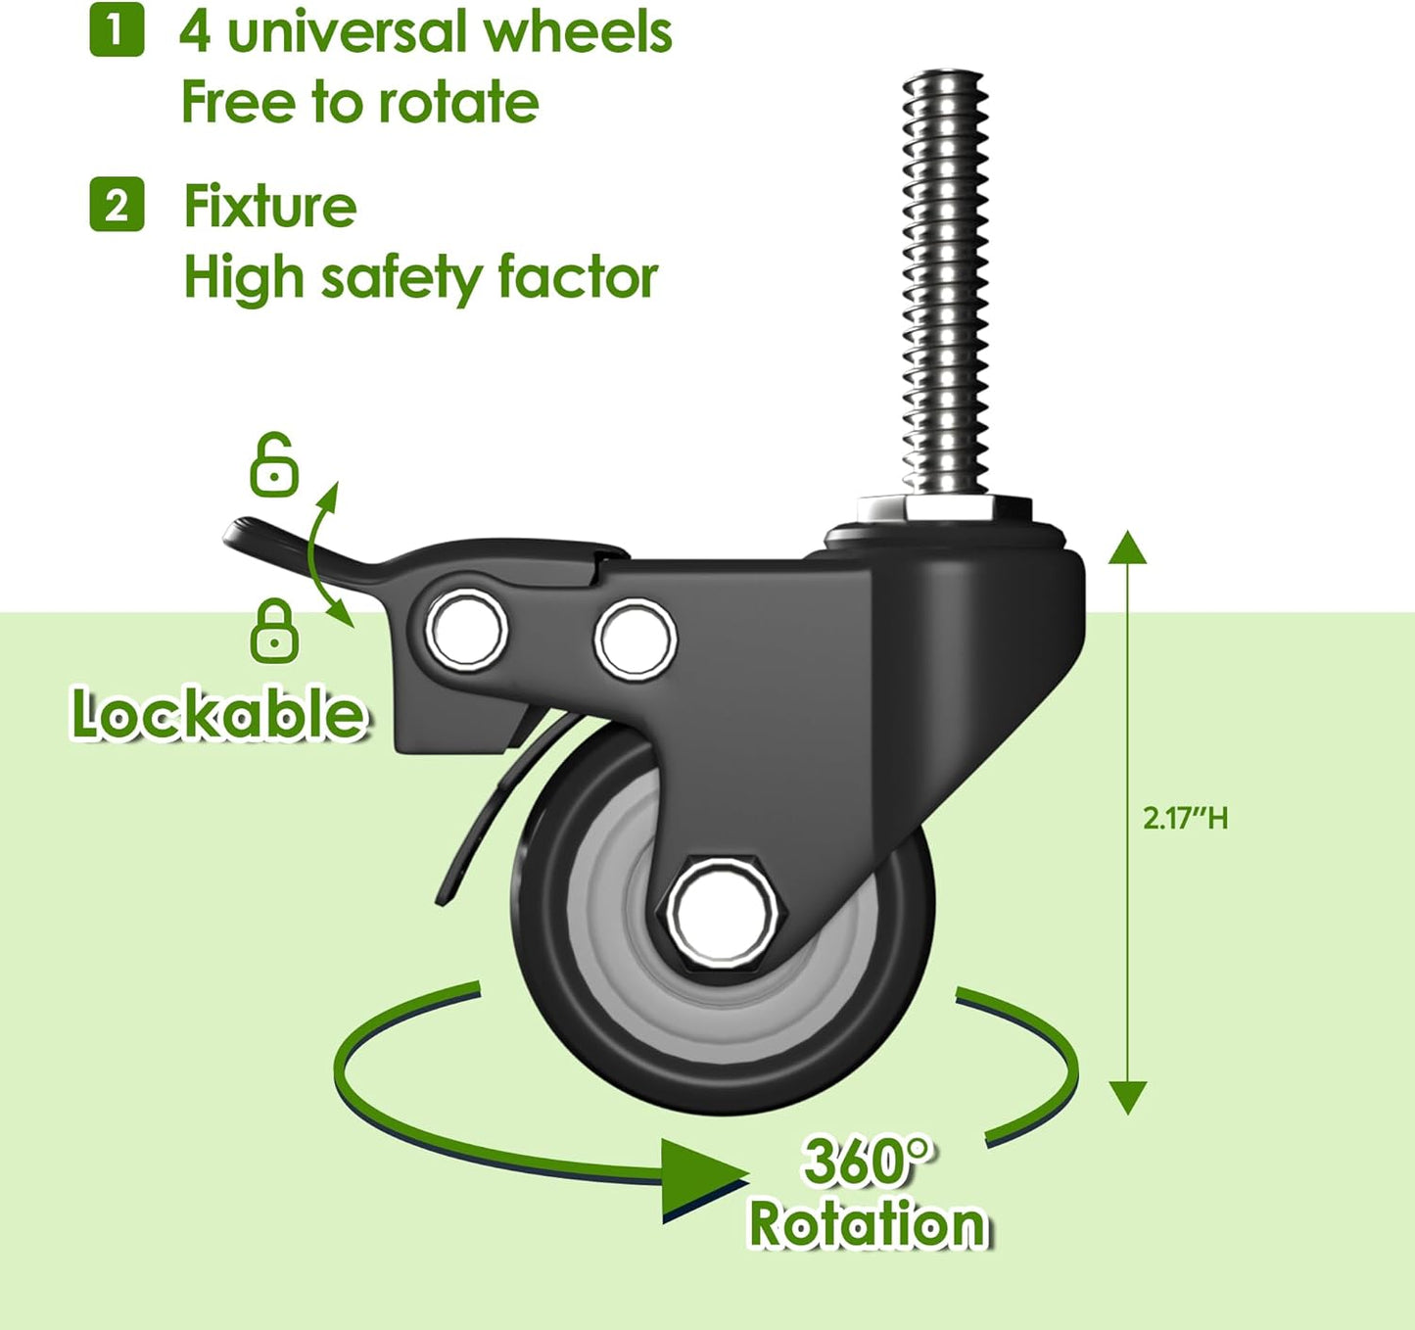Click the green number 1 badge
[117, 30]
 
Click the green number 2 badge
[117, 205]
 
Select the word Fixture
[270, 206]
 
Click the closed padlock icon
[274, 631]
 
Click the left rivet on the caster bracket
[466, 630]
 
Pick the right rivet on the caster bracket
[636, 638]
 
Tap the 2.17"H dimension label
[1185, 818]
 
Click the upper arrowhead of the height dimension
[1128, 547]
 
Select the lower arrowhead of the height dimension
[1128, 1096]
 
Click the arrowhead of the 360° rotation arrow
[700, 1178]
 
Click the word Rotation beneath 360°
[868, 1224]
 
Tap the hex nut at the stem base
[945, 509]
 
